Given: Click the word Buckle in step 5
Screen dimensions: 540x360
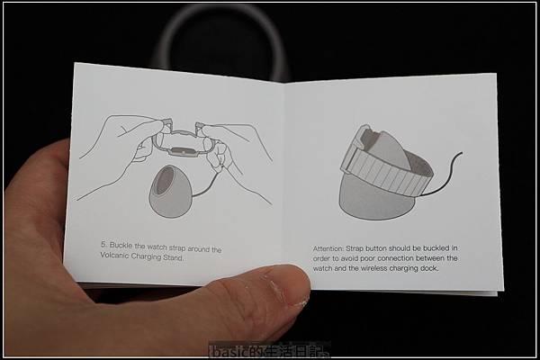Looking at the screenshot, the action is tap(121, 246).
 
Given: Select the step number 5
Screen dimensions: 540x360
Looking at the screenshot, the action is tap(103, 244).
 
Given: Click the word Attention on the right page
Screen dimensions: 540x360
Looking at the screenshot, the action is tap(328, 248).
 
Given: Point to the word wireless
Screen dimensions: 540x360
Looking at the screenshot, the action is tap(375, 268).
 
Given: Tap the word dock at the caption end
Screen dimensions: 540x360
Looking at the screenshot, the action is tap(430, 268).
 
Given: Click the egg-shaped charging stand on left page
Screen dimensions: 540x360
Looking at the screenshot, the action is tap(168, 191).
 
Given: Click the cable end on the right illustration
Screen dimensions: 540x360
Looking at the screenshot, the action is tap(461, 153).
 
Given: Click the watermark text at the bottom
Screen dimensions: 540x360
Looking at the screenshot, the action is tap(269, 351).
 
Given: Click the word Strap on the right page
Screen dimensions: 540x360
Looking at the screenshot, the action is tap(355, 248).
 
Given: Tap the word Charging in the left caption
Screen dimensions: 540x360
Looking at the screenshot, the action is tap(146, 256).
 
